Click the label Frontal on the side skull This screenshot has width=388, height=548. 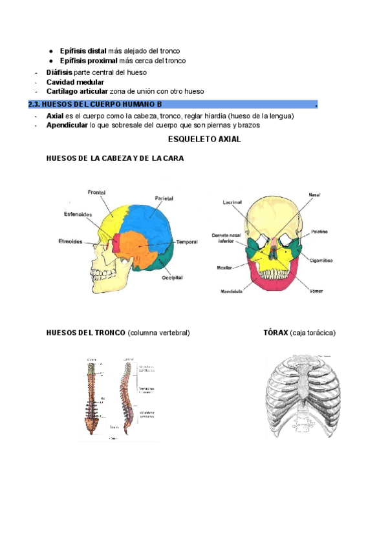[97, 192]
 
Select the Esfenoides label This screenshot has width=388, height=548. [78, 215]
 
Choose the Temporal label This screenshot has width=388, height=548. [187, 242]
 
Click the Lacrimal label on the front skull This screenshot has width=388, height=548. [232, 202]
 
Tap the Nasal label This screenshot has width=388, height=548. [315, 195]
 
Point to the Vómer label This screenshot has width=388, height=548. [316, 291]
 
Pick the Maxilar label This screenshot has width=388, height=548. [225, 267]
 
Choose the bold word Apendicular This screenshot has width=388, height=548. [67, 125]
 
